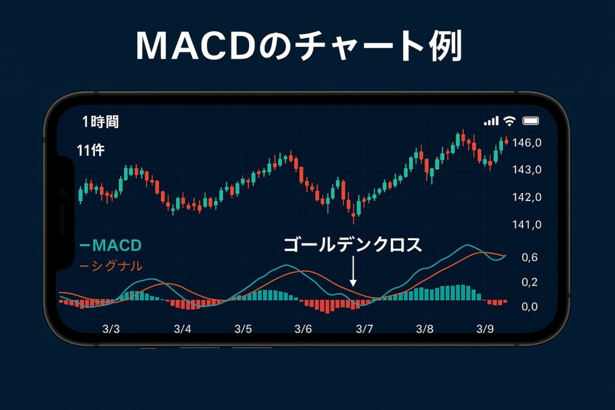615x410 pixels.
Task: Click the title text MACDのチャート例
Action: tap(299, 46)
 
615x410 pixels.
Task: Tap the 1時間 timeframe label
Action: tap(100, 122)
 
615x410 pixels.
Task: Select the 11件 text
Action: tap(91, 150)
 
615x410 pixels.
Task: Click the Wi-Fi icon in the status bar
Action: tap(509, 121)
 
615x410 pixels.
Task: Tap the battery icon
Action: tap(531, 121)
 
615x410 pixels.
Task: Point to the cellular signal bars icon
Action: tap(491, 121)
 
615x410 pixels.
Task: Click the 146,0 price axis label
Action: tap(527, 143)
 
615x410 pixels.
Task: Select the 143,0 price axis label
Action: tap(527, 170)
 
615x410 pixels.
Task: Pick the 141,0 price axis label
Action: tap(527, 225)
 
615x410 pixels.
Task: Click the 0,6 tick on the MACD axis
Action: tap(530, 258)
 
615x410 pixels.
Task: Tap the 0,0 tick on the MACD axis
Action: tap(530, 307)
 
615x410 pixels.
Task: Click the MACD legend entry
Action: tap(111, 246)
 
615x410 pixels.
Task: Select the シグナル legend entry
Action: tap(111, 266)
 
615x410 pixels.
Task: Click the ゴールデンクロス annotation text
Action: tap(353, 245)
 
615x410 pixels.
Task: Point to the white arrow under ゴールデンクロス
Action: tap(353, 271)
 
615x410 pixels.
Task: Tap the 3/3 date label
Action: tap(111, 329)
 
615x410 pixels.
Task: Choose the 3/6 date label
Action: tap(303, 329)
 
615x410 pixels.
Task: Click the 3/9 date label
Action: tap(485, 329)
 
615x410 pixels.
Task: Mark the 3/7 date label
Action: tap(365, 329)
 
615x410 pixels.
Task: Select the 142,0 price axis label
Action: tap(527, 197)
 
